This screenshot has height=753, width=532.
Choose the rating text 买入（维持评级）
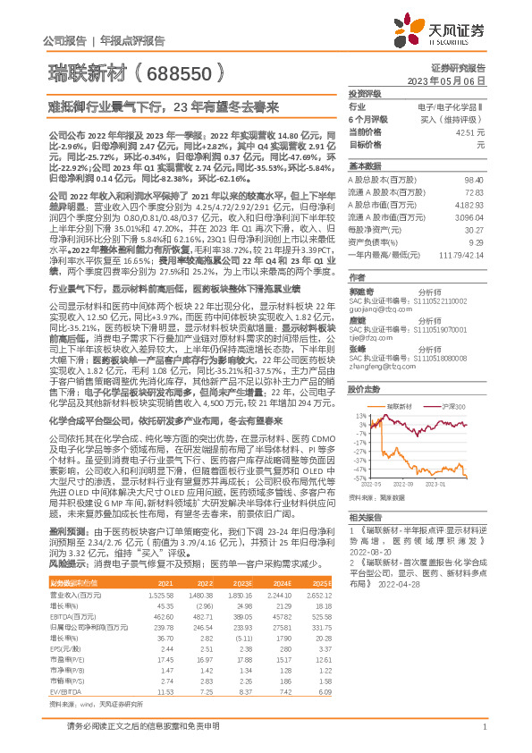[x=462, y=119]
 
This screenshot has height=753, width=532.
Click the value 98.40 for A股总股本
[x=475, y=181]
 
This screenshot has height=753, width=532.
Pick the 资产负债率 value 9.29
[x=477, y=242]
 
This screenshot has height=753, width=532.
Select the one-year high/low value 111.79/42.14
[x=464, y=255]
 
